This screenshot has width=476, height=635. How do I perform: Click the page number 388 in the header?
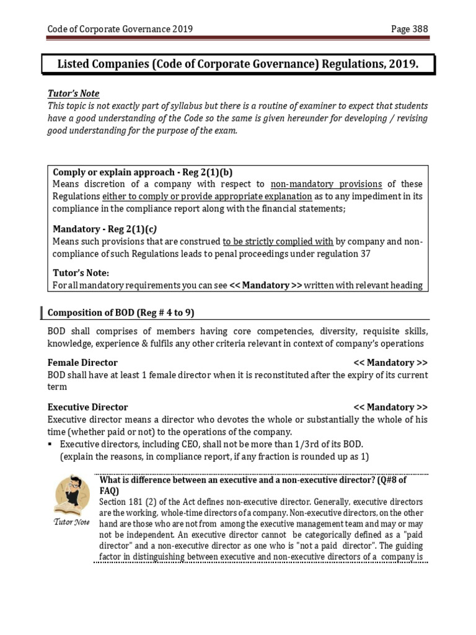418,29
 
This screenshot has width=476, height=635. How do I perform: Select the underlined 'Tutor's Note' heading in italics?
73,94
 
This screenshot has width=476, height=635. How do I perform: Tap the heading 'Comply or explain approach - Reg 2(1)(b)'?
143,172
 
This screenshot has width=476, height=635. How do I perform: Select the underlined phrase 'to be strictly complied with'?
278,241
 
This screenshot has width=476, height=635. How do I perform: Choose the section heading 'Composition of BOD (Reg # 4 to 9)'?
125,313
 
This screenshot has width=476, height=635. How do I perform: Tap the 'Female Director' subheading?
82,363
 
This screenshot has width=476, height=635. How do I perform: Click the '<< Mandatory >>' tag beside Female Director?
390,363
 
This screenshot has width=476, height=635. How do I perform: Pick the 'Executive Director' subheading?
87,407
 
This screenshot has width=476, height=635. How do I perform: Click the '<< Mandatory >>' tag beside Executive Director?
390,407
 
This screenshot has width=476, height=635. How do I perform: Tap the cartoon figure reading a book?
73,495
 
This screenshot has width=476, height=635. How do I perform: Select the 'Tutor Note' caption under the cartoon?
73,522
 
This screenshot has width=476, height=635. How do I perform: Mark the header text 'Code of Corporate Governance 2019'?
120,29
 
